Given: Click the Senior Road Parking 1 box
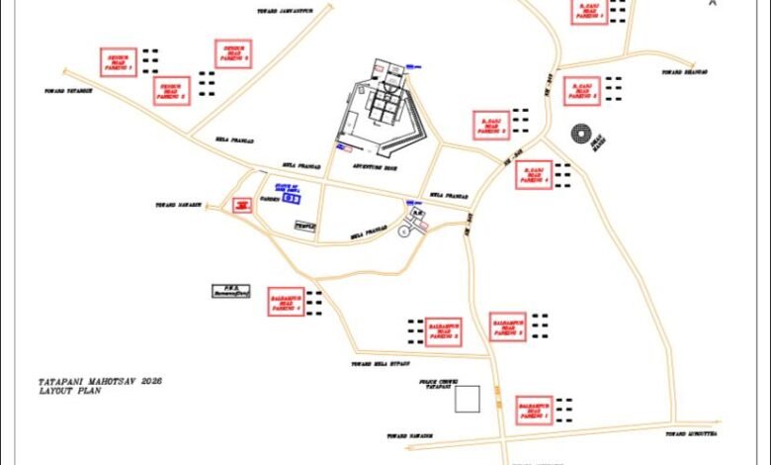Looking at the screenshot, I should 120,62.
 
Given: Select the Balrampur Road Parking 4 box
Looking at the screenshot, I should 284,301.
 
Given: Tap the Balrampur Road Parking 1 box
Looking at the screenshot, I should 533,411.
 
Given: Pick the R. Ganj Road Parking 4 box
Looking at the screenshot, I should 533,175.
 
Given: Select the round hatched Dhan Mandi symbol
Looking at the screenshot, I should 582,134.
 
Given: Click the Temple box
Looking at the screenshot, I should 305,226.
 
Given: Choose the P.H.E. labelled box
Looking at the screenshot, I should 230,292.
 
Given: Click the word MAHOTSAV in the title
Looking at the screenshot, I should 107,381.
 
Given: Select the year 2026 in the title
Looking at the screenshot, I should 151,381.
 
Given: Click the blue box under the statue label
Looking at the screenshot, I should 292,198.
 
